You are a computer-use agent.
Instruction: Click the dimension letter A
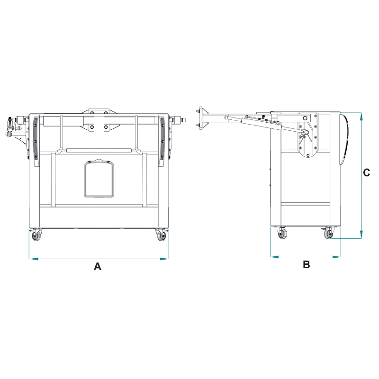[x=98, y=266]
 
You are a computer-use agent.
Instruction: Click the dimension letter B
[x=306, y=264]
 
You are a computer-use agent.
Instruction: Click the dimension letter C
[x=366, y=172]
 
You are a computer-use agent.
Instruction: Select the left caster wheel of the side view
[x=282, y=233]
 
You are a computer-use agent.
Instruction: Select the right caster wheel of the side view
[x=328, y=233]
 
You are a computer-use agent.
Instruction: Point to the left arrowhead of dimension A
[x=34, y=259]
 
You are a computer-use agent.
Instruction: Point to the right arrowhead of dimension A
[x=164, y=259]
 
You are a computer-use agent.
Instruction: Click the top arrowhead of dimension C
[x=361, y=117]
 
